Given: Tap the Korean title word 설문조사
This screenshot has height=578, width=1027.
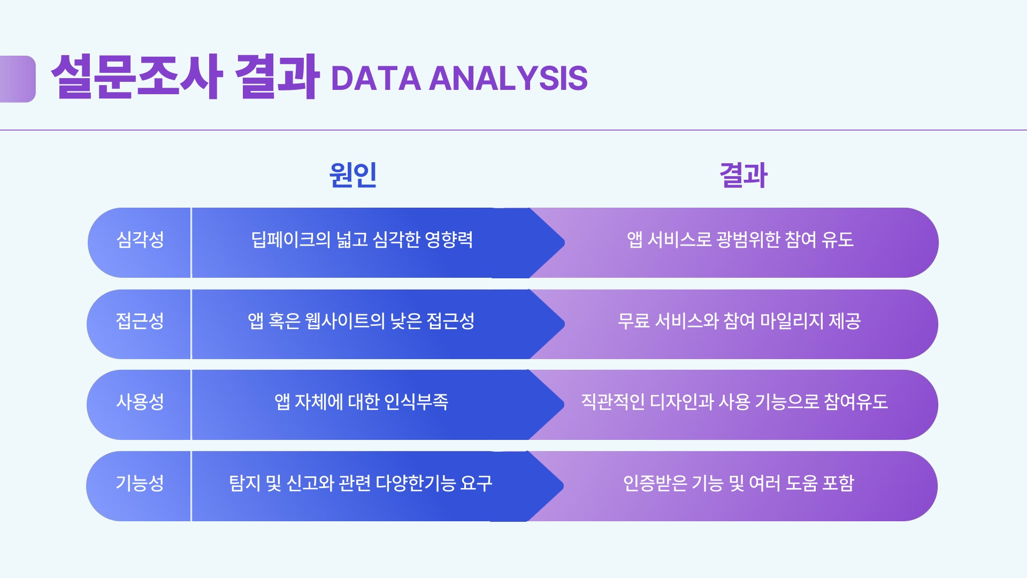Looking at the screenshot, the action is pos(136,77).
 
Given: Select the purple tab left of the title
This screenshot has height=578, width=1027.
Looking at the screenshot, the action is pos(18,79).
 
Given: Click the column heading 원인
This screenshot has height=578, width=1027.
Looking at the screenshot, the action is pos(353,174).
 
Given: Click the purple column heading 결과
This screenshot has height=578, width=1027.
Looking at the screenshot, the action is pos(744,175).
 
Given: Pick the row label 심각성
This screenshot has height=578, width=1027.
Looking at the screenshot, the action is pos(140,239).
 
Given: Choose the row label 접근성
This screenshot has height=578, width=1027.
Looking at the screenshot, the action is pos(140,321).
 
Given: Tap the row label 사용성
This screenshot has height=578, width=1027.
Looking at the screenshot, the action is pos(140,401).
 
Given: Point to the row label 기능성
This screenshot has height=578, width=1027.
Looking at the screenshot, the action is pos(140,483).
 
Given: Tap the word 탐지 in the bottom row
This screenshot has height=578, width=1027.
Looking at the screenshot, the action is pos(244,483).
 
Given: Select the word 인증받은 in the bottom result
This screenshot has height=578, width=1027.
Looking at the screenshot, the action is pos(655,483).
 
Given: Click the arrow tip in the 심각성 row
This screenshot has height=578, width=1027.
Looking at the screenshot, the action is pos(564,243).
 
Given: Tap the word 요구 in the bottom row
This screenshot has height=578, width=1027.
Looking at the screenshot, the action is pos(476,483).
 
